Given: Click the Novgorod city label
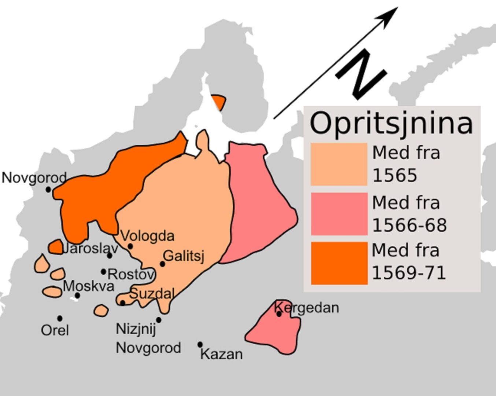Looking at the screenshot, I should pyautogui.click(x=34, y=178).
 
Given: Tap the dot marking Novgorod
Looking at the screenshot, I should pyautogui.click(x=48, y=190).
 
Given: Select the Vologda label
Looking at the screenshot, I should pyautogui.click(x=147, y=236).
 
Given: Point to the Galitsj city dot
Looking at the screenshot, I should pyautogui.click(x=162, y=264).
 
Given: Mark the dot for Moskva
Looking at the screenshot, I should pyautogui.click(x=77, y=295).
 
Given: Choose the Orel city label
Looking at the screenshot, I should pyautogui.click(x=55, y=330).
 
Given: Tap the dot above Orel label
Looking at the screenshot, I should pyautogui.click(x=60, y=318).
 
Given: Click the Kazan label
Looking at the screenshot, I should pyautogui.click(x=222, y=354).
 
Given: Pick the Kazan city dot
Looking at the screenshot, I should pyautogui.click(x=200, y=344).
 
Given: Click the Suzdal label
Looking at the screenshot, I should pyautogui.click(x=152, y=293).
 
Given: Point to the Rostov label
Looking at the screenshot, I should pyautogui.click(x=131, y=274).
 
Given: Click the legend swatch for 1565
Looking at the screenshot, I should pyautogui.click(x=339, y=164).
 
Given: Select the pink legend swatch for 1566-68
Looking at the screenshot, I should pyautogui.click(x=339, y=214).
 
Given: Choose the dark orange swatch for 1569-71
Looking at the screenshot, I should pyautogui.click(x=339, y=263).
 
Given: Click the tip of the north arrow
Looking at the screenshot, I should pyautogui.click(x=397, y=8).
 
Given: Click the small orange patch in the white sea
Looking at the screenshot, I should pyautogui.click(x=219, y=102).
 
